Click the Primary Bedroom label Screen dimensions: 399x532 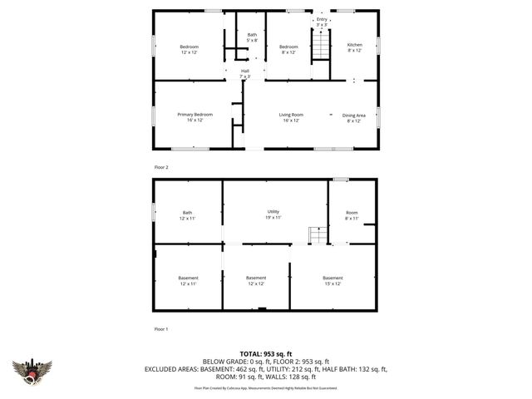195,117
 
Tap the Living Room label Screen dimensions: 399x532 290,117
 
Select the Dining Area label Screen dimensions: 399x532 354,117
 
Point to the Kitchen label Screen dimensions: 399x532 354,47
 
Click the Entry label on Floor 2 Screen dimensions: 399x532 322,22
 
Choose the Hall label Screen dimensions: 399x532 245,74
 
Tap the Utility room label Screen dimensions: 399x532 273,214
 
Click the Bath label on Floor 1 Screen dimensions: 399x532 188,215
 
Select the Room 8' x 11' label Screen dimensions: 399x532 352,215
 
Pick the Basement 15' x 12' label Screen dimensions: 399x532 332,280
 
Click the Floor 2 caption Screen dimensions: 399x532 161,167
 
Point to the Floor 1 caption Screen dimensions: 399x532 161,329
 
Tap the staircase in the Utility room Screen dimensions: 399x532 316,235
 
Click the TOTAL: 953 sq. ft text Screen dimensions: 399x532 266,353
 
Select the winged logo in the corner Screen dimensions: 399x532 32,371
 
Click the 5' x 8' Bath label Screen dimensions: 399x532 252,37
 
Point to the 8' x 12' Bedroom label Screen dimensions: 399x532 288,48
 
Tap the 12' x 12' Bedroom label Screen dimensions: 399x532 190,48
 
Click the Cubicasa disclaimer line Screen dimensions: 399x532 266,388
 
